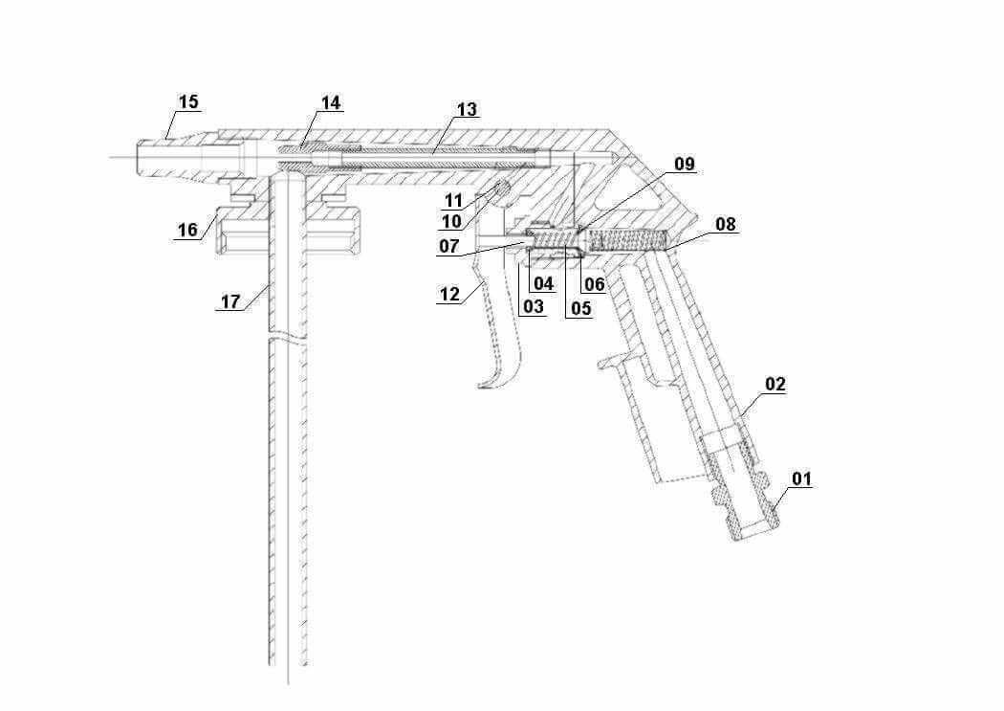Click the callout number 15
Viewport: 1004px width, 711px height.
click(188, 101)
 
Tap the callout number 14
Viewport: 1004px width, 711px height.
click(331, 103)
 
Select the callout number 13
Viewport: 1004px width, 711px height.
click(467, 109)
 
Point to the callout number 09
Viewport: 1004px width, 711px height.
click(684, 164)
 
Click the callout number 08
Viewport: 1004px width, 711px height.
click(726, 224)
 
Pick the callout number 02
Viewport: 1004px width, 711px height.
click(775, 385)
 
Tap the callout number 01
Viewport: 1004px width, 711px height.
click(801, 478)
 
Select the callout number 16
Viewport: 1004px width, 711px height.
click(187, 230)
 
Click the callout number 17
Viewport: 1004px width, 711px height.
click(230, 301)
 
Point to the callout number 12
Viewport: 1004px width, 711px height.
click(449, 294)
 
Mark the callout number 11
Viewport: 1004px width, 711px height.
click(453, 201)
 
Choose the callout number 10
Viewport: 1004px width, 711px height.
click(451, 222)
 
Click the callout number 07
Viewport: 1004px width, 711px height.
click(448, 246)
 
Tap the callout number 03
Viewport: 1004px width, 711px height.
click(534, 306)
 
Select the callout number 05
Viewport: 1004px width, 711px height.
click(580, 308)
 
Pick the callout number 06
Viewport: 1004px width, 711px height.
click(594, 284)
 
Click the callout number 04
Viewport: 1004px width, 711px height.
click(543, 283)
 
